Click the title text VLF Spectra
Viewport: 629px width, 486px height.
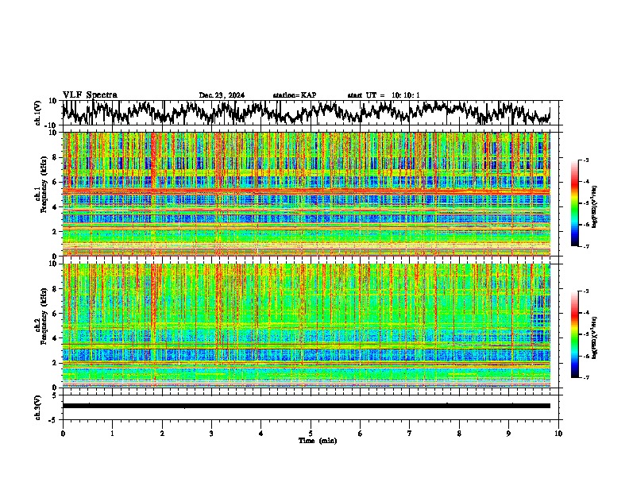(90, 94)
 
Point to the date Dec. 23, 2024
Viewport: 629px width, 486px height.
(222, 95)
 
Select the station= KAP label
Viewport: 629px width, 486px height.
(295, 95)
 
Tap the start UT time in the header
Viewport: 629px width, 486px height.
(384, 95)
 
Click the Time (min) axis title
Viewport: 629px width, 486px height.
(317, 440)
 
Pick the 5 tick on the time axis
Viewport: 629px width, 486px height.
(311, 433)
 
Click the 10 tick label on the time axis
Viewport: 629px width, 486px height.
(558, 433)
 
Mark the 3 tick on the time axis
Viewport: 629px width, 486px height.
(211, 433)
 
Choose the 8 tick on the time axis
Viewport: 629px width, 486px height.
(459, 433)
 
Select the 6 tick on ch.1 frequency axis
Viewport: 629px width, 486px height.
(56, 182)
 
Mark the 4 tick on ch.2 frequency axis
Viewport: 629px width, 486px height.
(56, 337)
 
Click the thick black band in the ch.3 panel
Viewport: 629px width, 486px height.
(306, 406)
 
